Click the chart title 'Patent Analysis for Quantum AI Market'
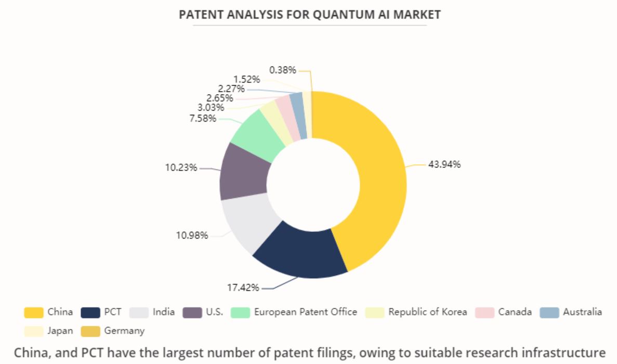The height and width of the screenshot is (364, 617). [310, 15]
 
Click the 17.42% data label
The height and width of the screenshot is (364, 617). [243, 288]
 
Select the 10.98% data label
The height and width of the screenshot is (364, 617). [192, 236]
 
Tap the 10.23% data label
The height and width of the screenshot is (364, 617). [181, 168]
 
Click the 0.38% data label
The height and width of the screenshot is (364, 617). [283, 70]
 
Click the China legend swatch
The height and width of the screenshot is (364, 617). [33, 313]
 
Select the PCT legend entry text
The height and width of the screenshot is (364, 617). [112, 312]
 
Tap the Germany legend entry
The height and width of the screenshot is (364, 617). [124, 331]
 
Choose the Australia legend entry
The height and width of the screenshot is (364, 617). [582, 312]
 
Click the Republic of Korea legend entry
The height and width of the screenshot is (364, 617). [428, 312]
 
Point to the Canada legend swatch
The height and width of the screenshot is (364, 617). [484, 313]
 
